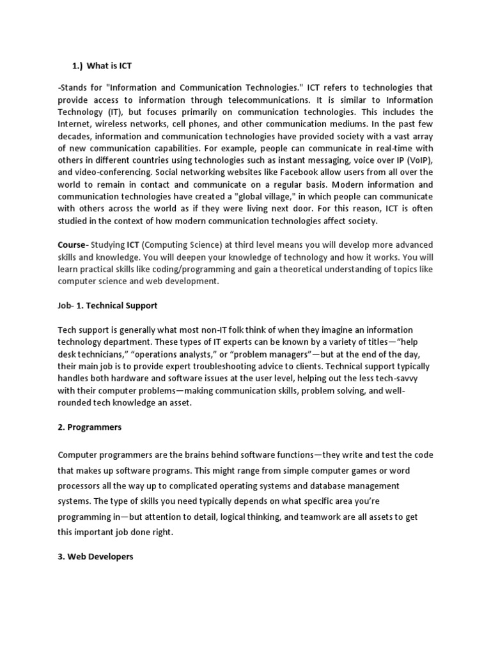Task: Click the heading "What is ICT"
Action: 109,66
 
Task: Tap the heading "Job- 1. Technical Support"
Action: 107,305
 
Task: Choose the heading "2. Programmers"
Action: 90,427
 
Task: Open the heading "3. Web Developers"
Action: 96,557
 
